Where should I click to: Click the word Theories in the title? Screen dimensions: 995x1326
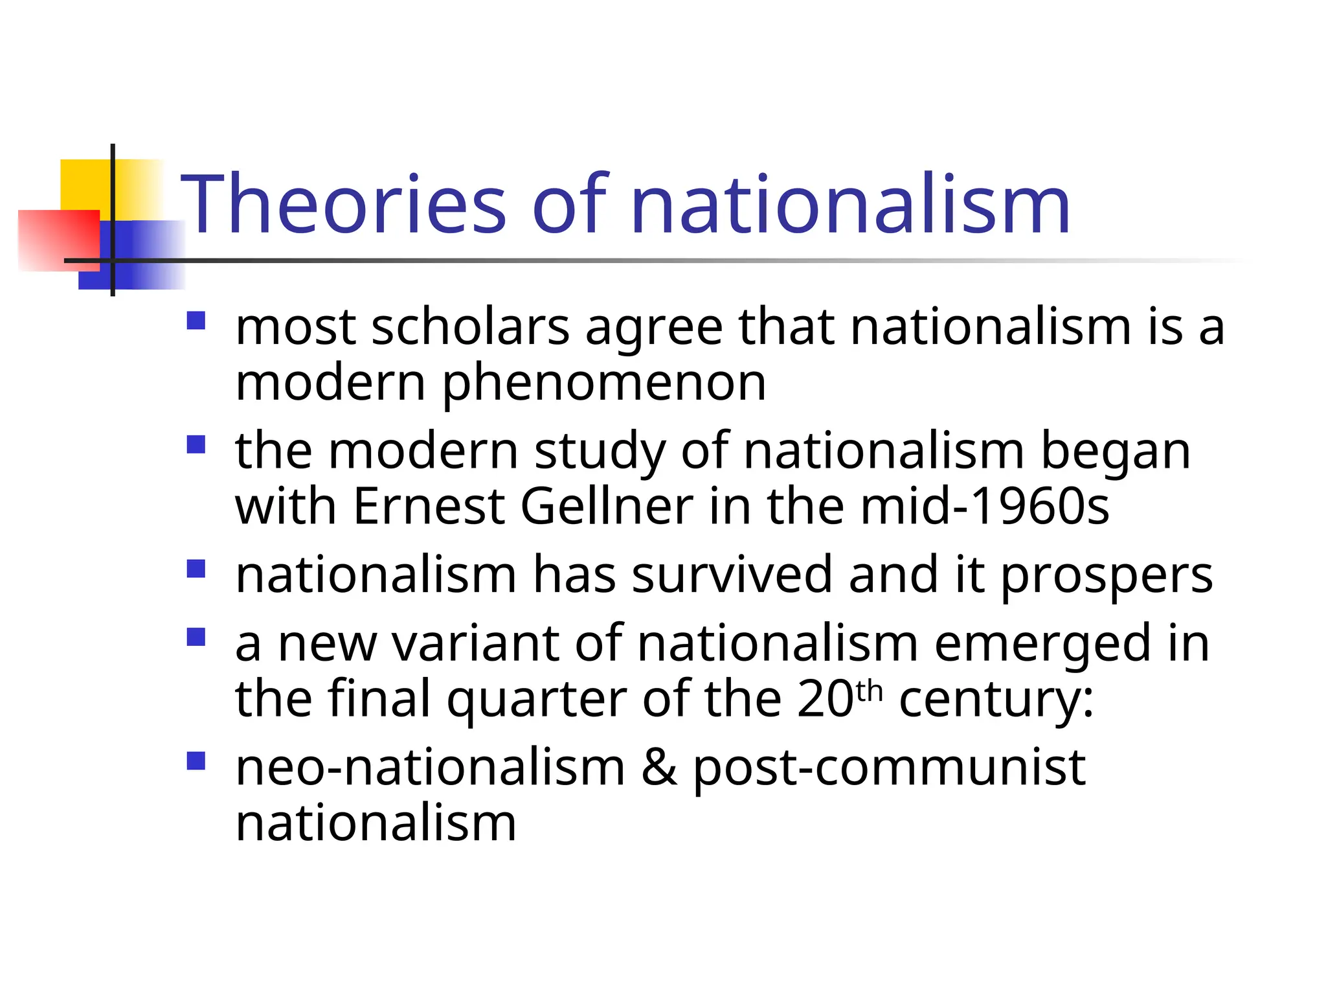coord(343,204)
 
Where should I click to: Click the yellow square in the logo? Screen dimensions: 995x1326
coord(84,185)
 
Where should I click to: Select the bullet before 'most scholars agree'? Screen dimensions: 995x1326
coord(196,321)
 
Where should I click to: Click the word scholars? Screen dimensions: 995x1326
coord(470,326)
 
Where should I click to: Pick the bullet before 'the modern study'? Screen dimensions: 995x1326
coord(196,444)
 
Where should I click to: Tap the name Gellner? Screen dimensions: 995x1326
coord(607,506)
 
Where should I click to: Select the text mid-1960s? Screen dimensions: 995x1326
coord(985,506)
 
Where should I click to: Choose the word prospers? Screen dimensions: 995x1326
coord(1107,576)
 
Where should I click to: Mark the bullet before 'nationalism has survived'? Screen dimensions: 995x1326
coord(196,569)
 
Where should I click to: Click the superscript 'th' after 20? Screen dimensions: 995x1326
coord(869,691)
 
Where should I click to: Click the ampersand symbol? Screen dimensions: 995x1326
coord(658,768)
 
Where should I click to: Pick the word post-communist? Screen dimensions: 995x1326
coord(890,769)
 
